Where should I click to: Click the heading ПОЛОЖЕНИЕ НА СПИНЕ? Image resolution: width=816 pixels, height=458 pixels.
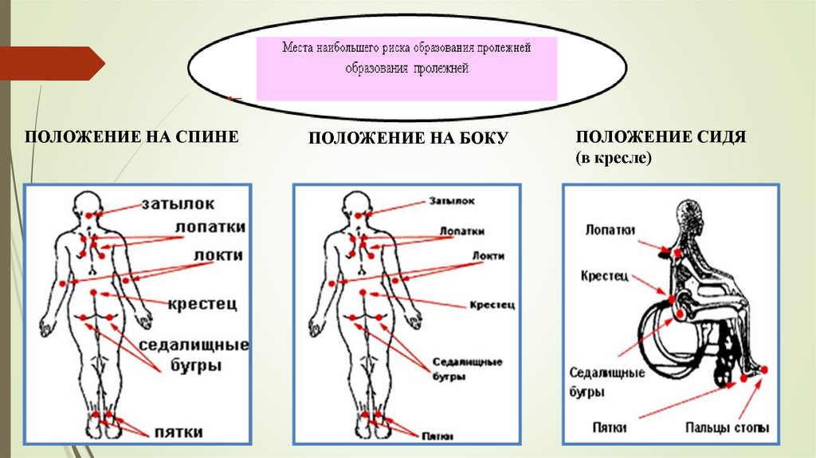tap(131, 137)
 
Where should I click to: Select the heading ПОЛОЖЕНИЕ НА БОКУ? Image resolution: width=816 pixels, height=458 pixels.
tap(408, 139)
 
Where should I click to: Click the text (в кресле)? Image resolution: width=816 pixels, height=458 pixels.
tap(614, 159)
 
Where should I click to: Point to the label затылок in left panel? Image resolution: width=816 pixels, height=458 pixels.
tap(178, 203)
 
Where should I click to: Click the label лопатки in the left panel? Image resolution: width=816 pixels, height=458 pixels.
tap(210, 227)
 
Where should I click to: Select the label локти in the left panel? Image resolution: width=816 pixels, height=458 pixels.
tap(218, 255)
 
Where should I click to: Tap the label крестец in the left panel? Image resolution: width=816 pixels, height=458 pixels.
tap(202, 304)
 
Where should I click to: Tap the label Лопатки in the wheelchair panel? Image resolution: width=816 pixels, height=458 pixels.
tap(610, 231)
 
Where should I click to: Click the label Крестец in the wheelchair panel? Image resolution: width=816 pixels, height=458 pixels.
tap(606, 275)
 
